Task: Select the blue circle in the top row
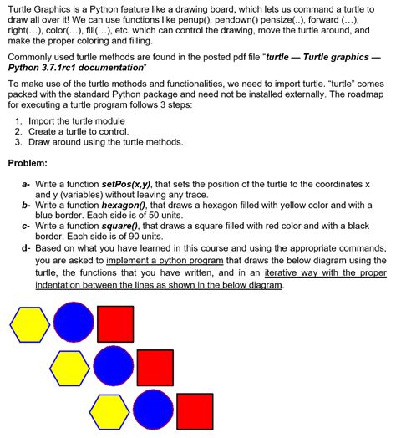click(74, 323)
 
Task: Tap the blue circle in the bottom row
click(153, 410)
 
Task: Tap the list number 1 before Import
click(19, 121)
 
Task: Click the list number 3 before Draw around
click(19, 142)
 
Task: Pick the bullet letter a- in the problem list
click(27, 182)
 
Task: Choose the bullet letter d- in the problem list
click(27, 247)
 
